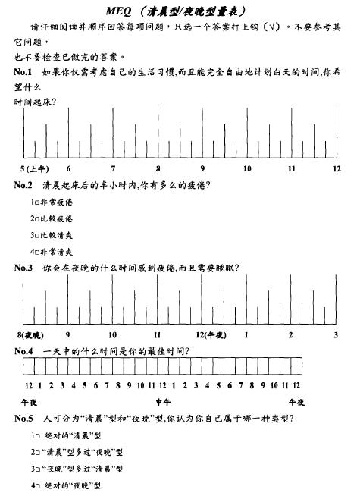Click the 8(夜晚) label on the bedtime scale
click(x=30, y=334)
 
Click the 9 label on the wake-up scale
click(x=202, y=168)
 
